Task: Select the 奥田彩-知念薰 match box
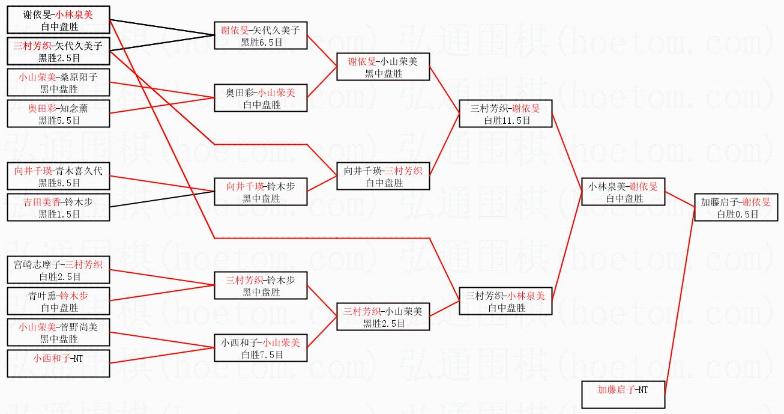pyautogui.click(x=58, y=114)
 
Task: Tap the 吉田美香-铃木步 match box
pyautogui.click(x=58, y=207)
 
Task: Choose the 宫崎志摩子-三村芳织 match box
pyautogui.click(x=58, y=270)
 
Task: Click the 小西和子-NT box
pyautogui.click(x=58, y=364)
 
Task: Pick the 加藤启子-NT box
pyautogui.click(x=623, y=395)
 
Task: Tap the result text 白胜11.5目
pyautogui.click(x=505, y=120)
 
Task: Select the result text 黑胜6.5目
pyautogui.click(x=261, y=43)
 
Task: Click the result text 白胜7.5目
pyautogui.click(x=261, y=355)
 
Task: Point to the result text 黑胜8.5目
pyautogui.click(x=59, y=183)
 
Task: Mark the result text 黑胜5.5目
pyautogui.click(x=59, y=120)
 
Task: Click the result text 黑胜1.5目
pyautogui.click(x=59, y=214)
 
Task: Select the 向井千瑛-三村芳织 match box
pyautogui.click(x=383, y=176)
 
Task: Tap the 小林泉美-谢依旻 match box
pyautogui.click(x=623, y=192)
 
